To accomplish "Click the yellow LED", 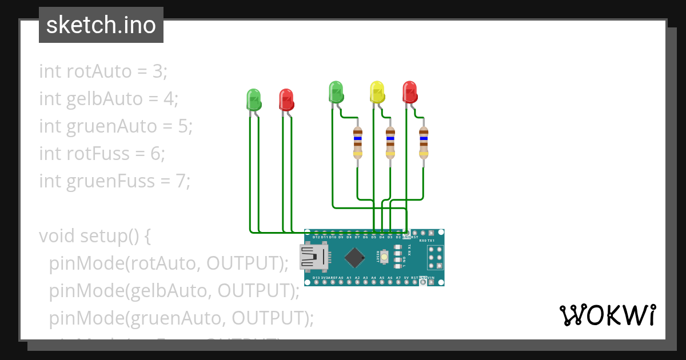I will tap(376, 92).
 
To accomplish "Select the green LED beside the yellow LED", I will tap(336, 92).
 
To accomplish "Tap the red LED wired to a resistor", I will tap(409, 92).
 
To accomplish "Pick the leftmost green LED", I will tap(253, 99).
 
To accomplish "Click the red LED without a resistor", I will tap(286, 99).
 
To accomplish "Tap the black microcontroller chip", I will tap(355, 257).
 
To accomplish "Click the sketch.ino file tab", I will tap(101, 25).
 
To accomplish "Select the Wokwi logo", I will tap(607, 315).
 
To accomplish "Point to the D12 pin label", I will tap(316, 237).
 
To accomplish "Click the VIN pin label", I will tap(430, 278).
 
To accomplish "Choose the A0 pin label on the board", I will tap(341, 278).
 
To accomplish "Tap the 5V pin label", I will tap(406, 278).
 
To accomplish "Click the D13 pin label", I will tap(316, 278).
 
